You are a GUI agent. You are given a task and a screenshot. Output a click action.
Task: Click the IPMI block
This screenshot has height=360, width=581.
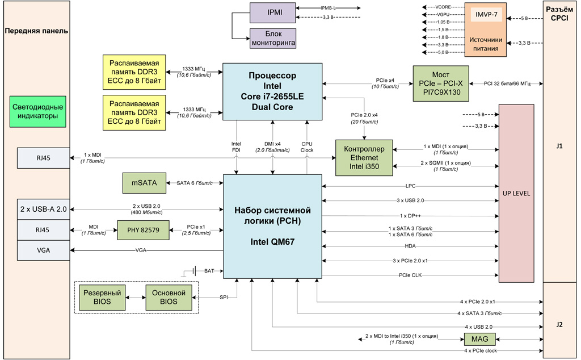click(273, 12)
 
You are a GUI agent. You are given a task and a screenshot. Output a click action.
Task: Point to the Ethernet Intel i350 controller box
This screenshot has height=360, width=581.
click(364, 158)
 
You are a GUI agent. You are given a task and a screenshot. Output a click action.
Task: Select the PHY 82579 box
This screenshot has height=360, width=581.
click(144, 230)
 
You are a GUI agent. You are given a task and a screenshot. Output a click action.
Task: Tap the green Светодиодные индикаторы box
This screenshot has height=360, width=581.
click(38, 111)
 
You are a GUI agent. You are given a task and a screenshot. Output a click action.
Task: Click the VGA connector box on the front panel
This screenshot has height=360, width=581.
click(43, 250)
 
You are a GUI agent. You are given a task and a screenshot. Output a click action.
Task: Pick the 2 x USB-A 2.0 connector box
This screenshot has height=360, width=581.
click(43, 210)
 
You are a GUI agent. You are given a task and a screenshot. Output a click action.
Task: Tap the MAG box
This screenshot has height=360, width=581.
click(475, 339)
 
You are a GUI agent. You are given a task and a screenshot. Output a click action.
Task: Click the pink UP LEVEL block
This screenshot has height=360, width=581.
click(516, 193)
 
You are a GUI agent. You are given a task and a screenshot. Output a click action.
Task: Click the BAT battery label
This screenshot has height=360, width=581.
click(209, 271)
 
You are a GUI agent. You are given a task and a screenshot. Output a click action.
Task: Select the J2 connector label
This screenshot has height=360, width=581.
click(559, 325)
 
